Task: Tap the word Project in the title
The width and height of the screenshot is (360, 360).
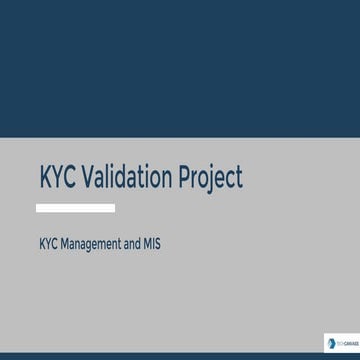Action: (x=209, y=179)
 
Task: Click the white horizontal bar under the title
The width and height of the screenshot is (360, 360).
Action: (x=75, y=208)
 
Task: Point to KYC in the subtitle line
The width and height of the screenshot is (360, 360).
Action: (x=48, y=242)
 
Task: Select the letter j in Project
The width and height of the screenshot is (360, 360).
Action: (x=213, y=180)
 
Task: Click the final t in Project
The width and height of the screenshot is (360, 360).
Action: (x=238, y=178)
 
